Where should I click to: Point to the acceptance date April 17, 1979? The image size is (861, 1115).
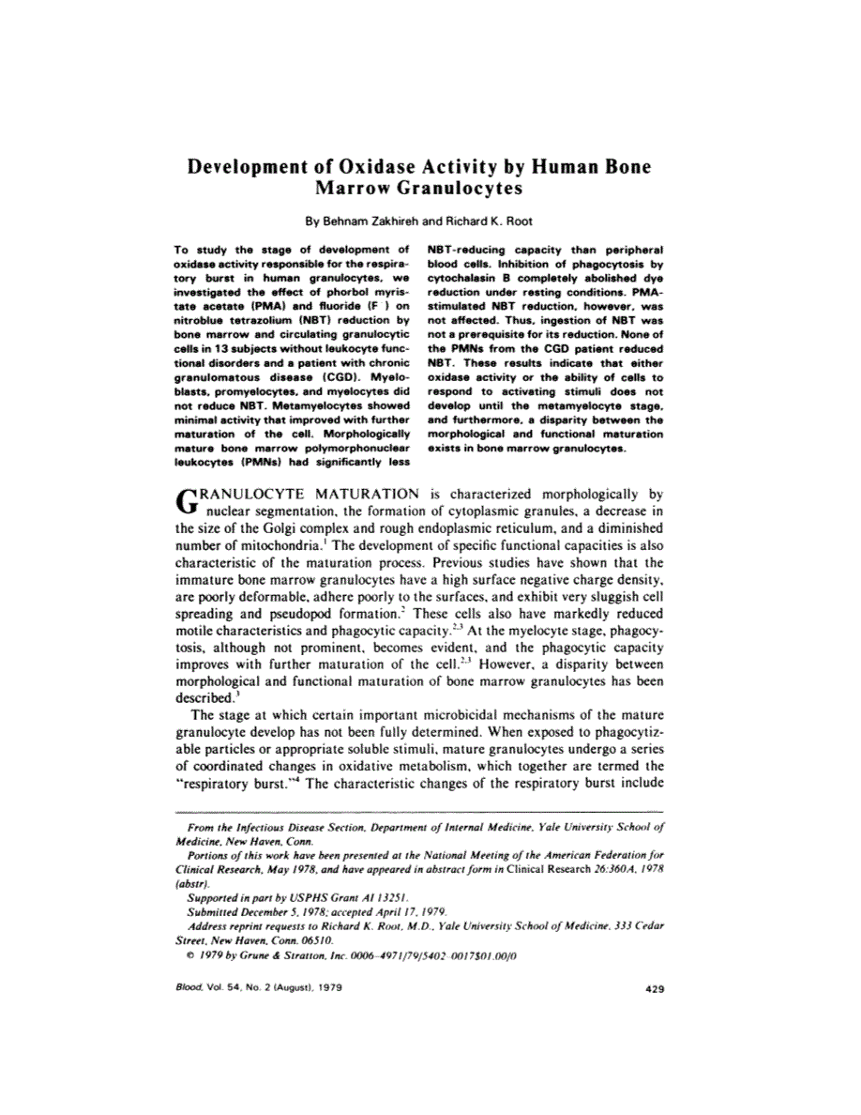[408, 911]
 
